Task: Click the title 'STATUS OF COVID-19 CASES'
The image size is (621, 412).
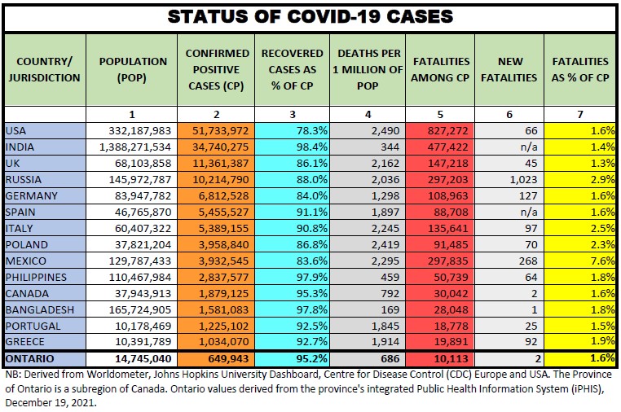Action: pos(310,16)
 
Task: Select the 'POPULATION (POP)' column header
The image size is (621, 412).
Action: pos(132,69)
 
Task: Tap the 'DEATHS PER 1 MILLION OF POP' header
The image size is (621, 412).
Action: pos(368,69)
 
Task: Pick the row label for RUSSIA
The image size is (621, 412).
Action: pos(24,179)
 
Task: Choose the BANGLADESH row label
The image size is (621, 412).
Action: pos(35,309)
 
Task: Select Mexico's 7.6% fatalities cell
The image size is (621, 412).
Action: pos(603,261)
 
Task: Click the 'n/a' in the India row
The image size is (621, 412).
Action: pos(528,147)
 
